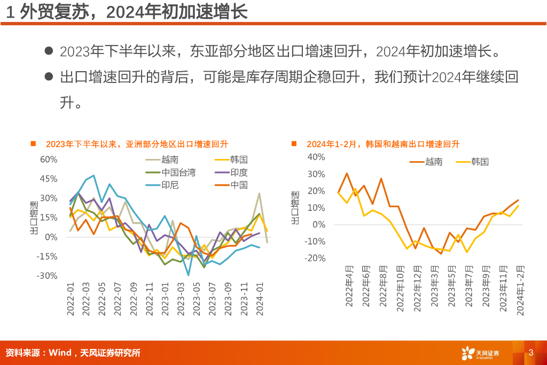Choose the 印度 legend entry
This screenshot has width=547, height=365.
pos(239,172)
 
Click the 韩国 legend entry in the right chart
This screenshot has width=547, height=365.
pos(480,161)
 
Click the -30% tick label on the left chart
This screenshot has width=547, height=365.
pos(47,276)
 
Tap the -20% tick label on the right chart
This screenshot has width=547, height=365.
pos(315,258)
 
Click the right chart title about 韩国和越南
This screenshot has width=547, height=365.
pos(383,144)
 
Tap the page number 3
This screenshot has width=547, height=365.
pos(531,352)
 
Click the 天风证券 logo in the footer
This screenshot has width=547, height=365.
pos(481,353)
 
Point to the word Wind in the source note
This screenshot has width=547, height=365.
pos(60,353)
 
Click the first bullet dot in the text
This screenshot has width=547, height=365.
pos(49,51)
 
